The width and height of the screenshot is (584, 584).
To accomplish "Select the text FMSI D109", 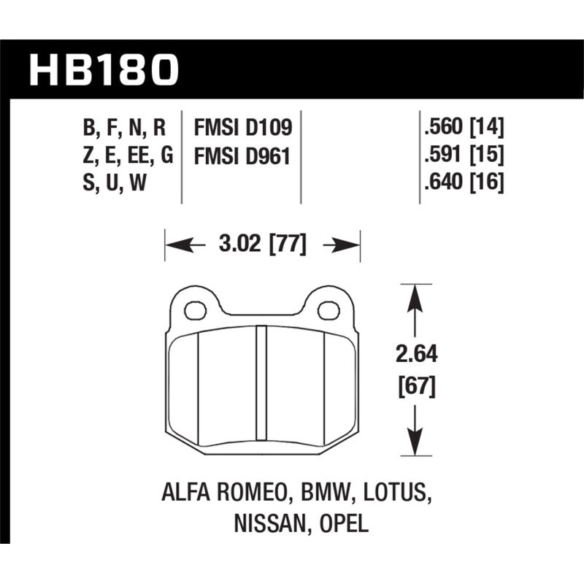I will pyautogui.click(x=243, y=128).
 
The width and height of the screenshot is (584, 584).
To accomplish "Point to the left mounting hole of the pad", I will pyautogui.click(x=195, y=311).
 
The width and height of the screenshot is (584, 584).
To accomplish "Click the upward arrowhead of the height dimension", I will pyautogui.click(x=415, y=295).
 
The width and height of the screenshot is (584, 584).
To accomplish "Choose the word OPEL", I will pyautogui.click(x=342, y=524).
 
